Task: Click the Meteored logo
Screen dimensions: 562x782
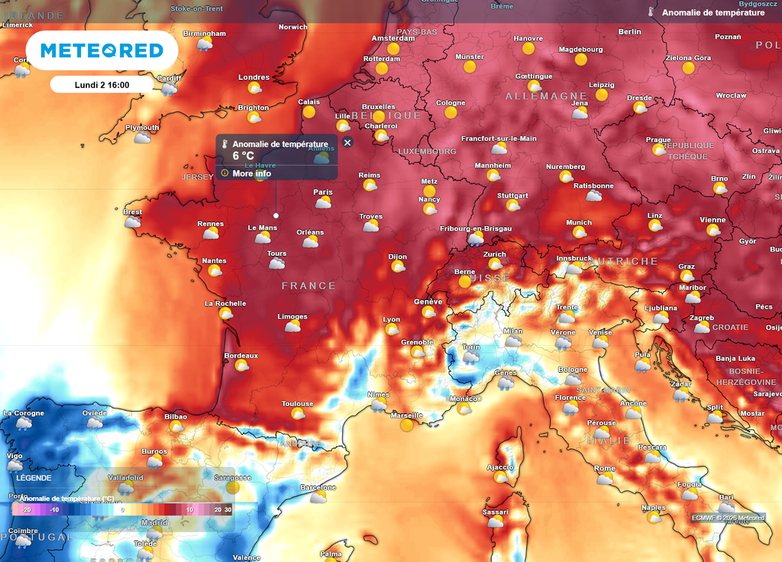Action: coord(102,51)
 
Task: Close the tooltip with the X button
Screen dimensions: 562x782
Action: coord(347,143)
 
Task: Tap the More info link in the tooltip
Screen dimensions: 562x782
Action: coord(251,173)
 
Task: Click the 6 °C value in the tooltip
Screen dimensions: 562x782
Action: coord(243,156)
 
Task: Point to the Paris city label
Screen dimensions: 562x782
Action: coord(323,192)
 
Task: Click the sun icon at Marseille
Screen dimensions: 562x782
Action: coord(407,425)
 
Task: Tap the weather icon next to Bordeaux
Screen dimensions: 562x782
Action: coord(242,366)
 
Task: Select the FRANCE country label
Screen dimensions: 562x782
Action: coord(309,286)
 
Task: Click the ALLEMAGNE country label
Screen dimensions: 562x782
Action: coord(546,96)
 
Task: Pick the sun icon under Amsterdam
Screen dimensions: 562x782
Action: coord(393,49)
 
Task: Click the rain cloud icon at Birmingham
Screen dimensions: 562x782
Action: coord(204,44)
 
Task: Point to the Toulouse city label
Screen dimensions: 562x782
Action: coord(297,404)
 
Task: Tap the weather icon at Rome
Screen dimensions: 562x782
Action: coord(605,479)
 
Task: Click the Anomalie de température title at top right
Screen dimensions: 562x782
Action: coord(713,13)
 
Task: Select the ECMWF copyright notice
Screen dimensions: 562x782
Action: coord(728,518)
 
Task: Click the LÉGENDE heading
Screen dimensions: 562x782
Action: coord(34,478)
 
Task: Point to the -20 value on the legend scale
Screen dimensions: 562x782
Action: coord(26,509)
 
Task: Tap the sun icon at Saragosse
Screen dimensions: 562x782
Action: coord(233,487)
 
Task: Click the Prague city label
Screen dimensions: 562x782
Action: coord(658,140)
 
